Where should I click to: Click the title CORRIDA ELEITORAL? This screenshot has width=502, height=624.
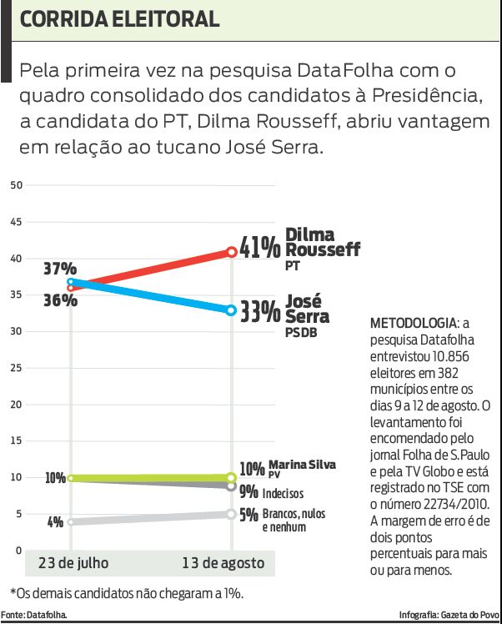[120, 19]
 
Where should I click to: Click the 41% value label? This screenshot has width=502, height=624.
[259, 247]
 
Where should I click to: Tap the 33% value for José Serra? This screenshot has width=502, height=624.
[260, 312]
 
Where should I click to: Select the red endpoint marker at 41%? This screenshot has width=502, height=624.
[231, 251]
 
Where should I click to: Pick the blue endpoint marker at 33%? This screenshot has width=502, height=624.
[231, 310]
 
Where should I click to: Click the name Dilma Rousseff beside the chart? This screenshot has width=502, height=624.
[322, 242]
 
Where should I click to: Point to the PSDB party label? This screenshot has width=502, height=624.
[301, 334]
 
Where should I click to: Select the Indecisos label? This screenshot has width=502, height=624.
[284, 493]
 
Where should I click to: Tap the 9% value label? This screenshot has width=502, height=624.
[248, 492]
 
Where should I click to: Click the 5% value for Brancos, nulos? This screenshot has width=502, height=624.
[248, 515]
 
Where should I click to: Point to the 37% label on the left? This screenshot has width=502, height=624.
[60, 269]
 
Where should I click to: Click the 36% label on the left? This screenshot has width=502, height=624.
[60, 299]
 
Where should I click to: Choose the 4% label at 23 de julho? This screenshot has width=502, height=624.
[56, 522]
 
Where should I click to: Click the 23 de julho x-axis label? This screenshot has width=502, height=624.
[73, 563]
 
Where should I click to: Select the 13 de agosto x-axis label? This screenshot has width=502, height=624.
[223, 563]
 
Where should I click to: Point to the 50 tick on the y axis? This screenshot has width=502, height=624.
[15, 185]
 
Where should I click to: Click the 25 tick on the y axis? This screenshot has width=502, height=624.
[15, 368]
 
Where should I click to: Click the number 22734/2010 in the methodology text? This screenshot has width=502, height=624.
[465, 505]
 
